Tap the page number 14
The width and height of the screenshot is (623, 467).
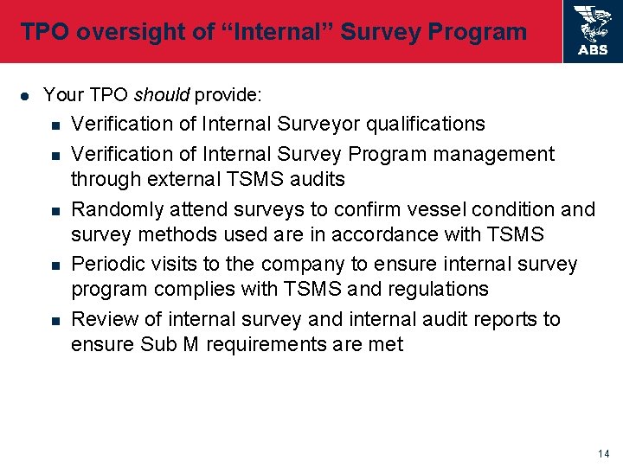[603, 454]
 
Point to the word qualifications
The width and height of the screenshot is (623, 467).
[426, 125]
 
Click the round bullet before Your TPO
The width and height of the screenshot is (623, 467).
[25, 94]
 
